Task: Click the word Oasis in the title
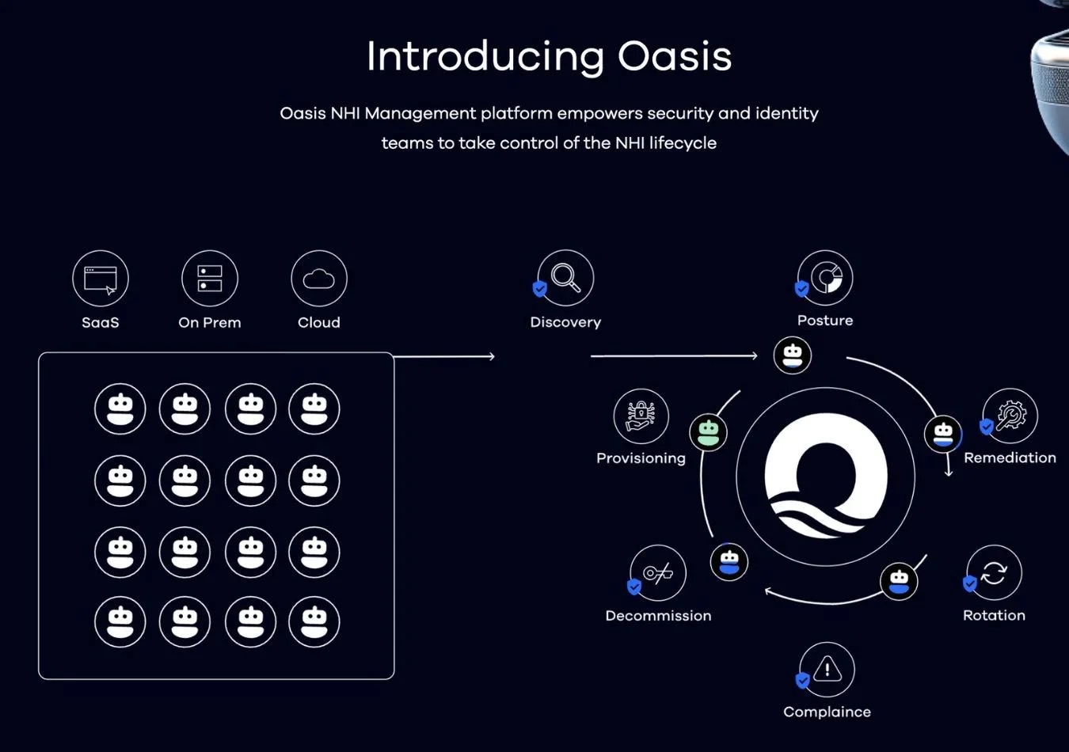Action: click(x=675, y=56)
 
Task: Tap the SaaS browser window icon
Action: click(x=101, y=279)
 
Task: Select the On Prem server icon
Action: click(x=210, y=279)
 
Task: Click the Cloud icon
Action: click(x=319, y=279)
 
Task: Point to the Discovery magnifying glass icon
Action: click(x=566, y=277)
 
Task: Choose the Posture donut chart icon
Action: click(x=826, y=277)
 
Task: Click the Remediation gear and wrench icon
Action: click(x=1010, y=416)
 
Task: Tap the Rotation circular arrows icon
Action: click(x=995, y=572)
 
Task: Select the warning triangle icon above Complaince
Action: click(x=827, y=669)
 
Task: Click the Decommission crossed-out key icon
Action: click(x=658, y=572)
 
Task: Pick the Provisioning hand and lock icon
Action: click(x=641, y=416)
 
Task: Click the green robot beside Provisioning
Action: click(x=709, y=432)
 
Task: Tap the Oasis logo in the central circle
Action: click(x=826, y=477)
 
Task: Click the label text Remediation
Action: click(x=1010, y=458)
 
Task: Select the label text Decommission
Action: click(x=658, y=616)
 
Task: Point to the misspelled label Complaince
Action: click(x=827, y=712)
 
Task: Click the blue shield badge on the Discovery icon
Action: click(x=540, y=289)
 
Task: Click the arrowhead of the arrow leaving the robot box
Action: click(x=492, y=357)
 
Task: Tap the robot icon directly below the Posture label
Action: click(x=793, y=355)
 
